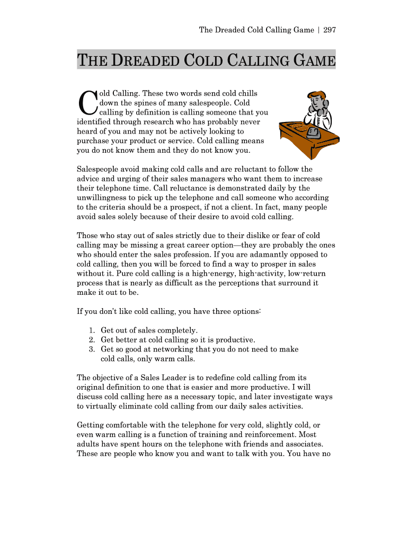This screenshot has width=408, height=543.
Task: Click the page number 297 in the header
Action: coord(330,30)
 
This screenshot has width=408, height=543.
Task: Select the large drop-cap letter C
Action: coord(87,103)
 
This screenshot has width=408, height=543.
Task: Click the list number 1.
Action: coord(92,330)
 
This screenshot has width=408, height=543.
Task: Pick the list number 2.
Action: coord(92,339)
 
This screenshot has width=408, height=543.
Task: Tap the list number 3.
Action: coord(92,349)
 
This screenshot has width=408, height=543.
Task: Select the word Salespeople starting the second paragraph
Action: coord(99,169)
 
